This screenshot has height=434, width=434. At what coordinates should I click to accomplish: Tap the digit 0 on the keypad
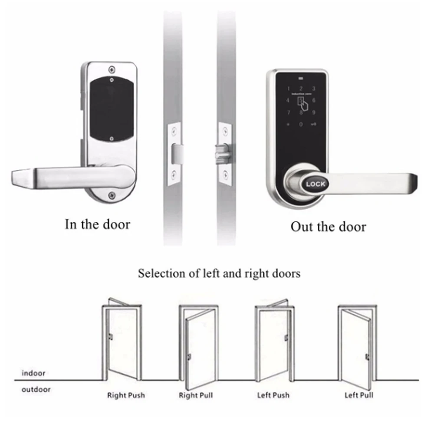[300, 125]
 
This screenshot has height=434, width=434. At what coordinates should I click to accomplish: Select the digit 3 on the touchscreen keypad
[314, 89]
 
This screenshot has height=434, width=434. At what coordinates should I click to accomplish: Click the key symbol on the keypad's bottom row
[314, 125]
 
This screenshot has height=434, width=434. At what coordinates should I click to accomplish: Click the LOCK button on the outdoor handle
[316, 184]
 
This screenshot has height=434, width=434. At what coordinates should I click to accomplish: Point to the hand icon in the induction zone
[302, 104]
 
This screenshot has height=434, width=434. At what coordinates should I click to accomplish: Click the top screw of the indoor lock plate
[112, 69]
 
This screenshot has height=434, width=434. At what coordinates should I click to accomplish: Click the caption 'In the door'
[97, 224]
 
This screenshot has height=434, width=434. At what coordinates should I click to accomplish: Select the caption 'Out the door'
[328, 227]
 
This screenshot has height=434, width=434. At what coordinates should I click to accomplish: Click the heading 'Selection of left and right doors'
[219, 274]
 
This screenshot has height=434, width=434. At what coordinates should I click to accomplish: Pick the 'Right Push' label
[126, 395]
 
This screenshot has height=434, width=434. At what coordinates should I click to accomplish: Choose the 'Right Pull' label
[196, 395]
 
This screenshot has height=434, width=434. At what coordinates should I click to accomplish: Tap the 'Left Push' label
[273, 395]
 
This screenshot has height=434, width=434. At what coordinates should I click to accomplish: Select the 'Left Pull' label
[359, 395]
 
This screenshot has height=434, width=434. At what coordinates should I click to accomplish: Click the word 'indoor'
[33, 373]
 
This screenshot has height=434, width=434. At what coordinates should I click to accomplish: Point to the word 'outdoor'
[36, 389]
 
